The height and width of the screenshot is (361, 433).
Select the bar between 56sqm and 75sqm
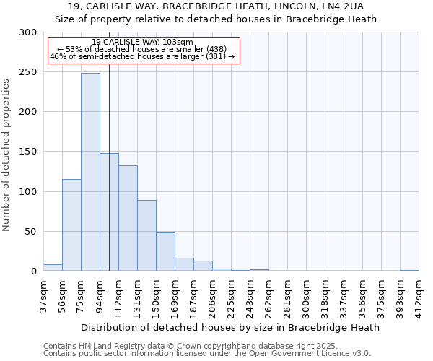coord(71,225)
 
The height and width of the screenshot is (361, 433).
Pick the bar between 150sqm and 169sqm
coord(165,252)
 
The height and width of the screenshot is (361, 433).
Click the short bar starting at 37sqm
coord(53,268)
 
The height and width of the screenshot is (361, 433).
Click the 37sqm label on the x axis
coord(43,296)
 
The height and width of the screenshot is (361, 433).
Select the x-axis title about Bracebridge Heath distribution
coord(230,327)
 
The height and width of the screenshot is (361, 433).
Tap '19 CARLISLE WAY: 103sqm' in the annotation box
coord(143,42)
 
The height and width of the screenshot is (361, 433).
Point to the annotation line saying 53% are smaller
coord(142,49)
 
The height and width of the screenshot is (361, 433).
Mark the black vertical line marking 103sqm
coord(109,180)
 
